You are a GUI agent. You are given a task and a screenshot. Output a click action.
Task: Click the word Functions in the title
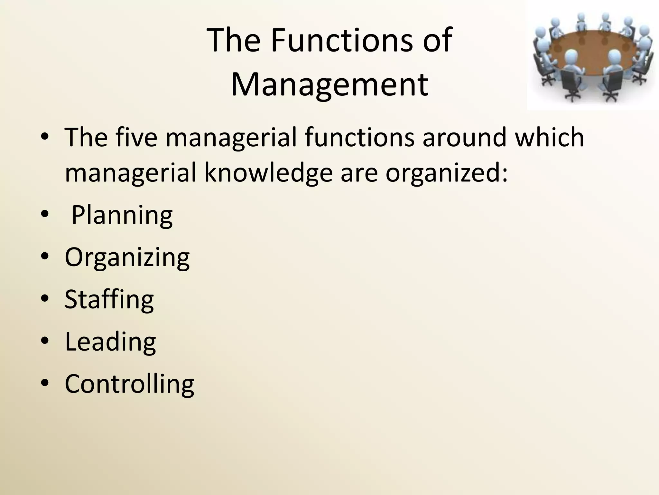tap(341, 40)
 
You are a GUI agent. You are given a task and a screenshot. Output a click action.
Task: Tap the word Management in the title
tap(329, 84)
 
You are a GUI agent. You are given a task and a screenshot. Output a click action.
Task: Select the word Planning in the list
tap(122, 215)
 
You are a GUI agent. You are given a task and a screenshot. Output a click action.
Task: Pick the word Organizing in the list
tap(127, 258)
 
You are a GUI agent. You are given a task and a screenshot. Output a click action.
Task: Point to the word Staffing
tap(109, 300)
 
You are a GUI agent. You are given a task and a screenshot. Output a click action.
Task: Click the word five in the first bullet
tap(136, 138)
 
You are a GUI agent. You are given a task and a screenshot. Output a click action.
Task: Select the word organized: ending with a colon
tap(447, 173)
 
